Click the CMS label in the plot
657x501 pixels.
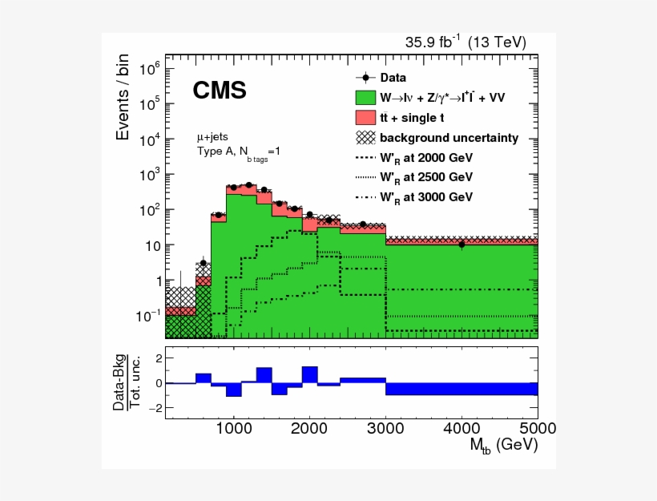coord(219,91)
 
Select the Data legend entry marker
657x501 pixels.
coord(365,78)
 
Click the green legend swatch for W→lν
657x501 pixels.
coord(365,97)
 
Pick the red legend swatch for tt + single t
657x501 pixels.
coord(365,117)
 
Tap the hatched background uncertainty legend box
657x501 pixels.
coord(365,137)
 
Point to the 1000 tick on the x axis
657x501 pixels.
coord(233,426)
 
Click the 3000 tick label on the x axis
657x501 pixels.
coord(385,426)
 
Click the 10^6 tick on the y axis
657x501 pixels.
coord(151,69)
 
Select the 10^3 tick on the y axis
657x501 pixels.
coord(151,175)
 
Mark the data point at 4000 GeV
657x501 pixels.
coord(462,244)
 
